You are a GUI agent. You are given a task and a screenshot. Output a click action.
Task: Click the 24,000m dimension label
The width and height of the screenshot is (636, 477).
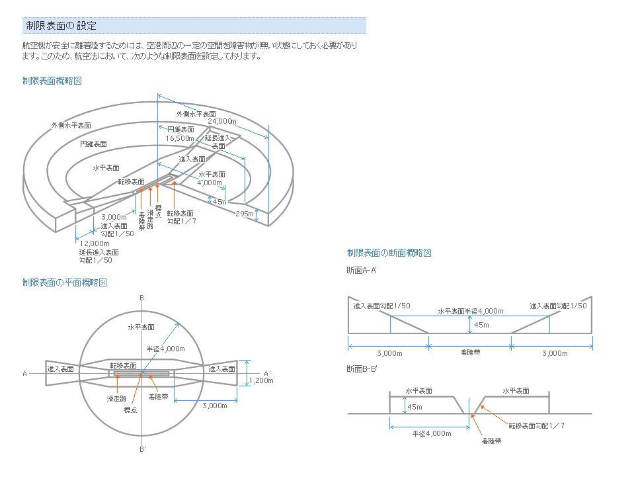pyautogui.click(x=222, y=122)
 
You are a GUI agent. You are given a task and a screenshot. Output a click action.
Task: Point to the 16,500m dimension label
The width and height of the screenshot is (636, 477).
pyautogui.click(x=180, y=139)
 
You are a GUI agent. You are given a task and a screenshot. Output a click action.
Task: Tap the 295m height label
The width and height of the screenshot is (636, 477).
pyautogui.click(x=245, y=214)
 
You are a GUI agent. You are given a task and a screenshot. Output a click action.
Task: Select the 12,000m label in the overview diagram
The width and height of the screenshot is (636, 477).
pyautogui.click(x=95, y=243)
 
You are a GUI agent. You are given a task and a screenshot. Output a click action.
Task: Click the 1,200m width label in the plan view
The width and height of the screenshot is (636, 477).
pyautogui.click(x=261, y=380)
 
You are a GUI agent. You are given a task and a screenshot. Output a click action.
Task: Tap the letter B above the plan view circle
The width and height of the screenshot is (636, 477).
pyautogui.click(x=141, y=298)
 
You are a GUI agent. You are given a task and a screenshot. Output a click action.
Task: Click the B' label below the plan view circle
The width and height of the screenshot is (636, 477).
pyautogui.click(x=142, y=450)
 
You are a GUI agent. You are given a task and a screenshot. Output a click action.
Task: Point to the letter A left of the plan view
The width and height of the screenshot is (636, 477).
pyautogui.click(x=24, y=374)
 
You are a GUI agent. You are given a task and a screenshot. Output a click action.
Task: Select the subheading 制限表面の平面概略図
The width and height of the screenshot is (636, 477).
pyautogui.click(x=64, y=282)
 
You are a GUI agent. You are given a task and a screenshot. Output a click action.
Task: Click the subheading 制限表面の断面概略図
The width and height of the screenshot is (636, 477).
pyautogui.click(x=389, y=253)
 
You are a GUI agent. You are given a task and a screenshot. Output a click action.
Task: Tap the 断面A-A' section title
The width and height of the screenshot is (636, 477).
pyautogui.click(x=361, y=270)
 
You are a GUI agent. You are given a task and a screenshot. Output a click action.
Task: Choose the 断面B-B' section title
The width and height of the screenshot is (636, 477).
pyautogui.click(x=361, y=368)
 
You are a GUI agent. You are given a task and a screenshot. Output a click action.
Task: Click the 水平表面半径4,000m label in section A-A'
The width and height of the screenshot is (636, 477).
pyautogui.click(x=470, y=311)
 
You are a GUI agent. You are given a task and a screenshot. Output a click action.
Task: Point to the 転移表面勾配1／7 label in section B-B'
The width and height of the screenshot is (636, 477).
pyautogui.click(x=536, y=425)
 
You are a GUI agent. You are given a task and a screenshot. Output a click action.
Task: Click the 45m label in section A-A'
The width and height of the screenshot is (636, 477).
pyautogui.click(x=481, y=325)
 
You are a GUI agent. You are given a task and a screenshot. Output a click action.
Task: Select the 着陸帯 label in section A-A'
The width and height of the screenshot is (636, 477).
pyautogui.click(x=470, y=353)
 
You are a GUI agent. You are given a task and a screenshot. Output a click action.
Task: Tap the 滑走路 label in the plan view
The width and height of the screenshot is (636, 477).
pyautogui.click(x=117, y=398)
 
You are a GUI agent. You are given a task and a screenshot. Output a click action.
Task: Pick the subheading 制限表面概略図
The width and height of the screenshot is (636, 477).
pyautogui.click(x=52, y=81)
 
